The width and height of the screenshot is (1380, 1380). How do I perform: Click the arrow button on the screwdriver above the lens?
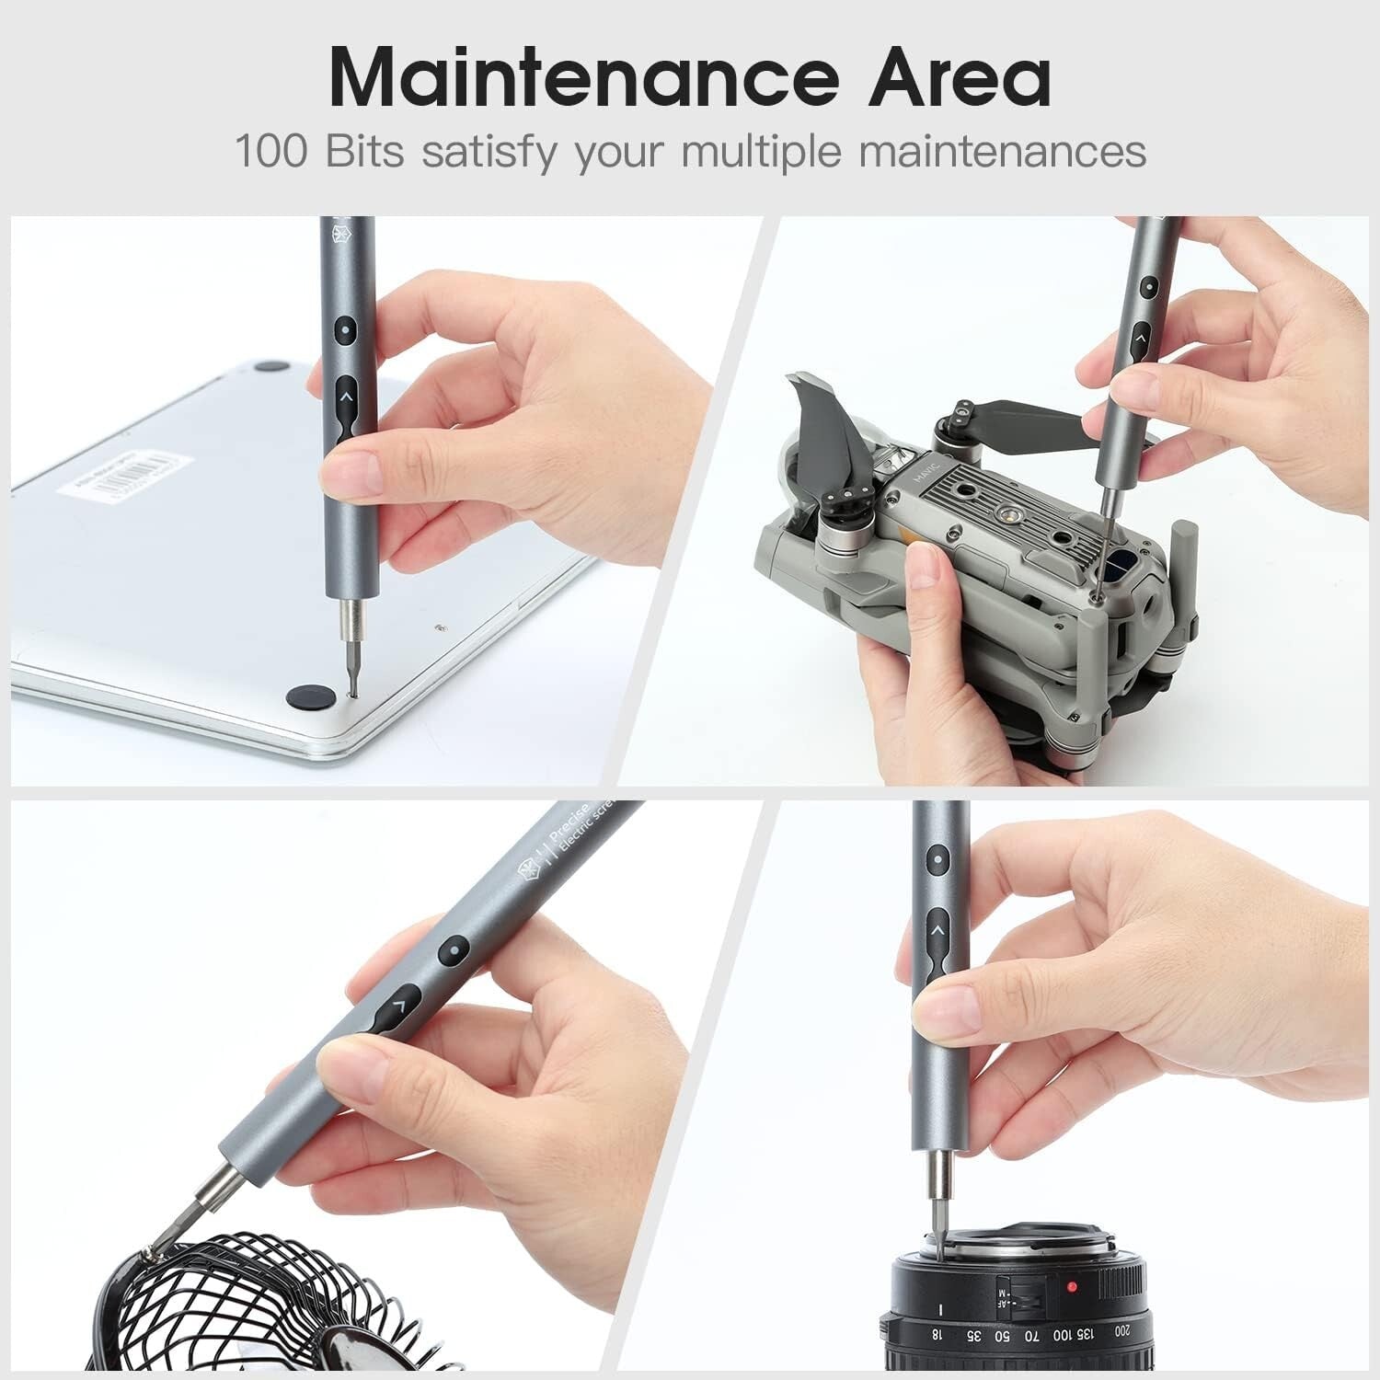pyautogui.click(x=937, y=931)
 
